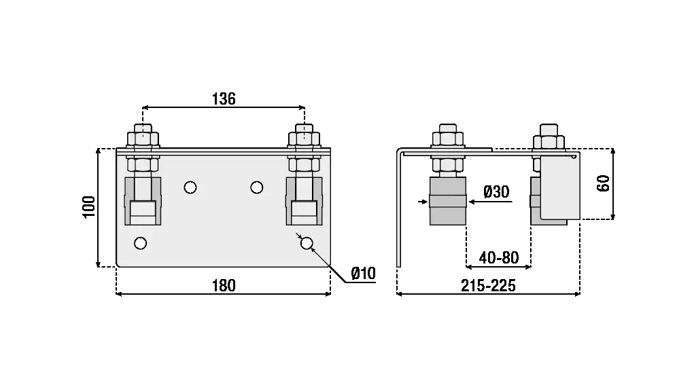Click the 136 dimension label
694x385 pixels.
[223, 98]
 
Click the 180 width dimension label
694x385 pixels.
[223, 285]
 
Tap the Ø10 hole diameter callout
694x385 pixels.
[363, 274]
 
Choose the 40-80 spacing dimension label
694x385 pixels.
[498, 258]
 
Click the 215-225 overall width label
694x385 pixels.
[488, 286]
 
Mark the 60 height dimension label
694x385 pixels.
[603, 183]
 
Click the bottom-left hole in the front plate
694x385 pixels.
[141, 242]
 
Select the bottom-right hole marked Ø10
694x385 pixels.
[307, 242]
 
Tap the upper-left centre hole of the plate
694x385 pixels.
[190, 186]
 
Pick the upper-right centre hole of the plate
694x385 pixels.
[257, 186]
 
